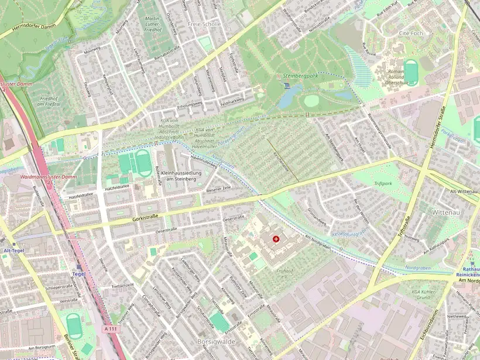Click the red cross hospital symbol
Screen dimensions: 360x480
[276, 239]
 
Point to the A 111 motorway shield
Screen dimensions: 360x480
[109, 330]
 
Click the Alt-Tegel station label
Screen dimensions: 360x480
[13, 250]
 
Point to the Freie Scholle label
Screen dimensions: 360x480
[204, 24]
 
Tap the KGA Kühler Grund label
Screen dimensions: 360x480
[424, 294]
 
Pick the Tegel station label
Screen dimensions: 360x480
[78, 273]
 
